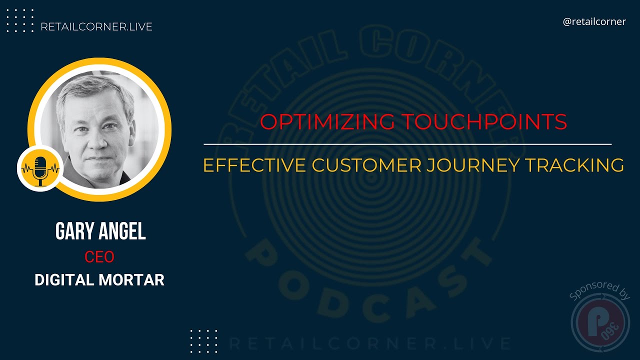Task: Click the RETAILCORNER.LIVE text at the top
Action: pos(96,27)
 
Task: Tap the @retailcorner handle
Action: pos(594,22)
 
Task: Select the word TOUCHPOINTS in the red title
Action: pos(483,122)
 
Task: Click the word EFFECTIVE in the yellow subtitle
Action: pos(254,165)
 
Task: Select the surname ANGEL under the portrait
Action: pos(122,232)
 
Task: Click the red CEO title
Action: pos(99,257)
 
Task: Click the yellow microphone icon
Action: pos(40,168)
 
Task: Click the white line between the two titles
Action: pos(407,144)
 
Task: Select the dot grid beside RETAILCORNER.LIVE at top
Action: pos(20,20)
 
